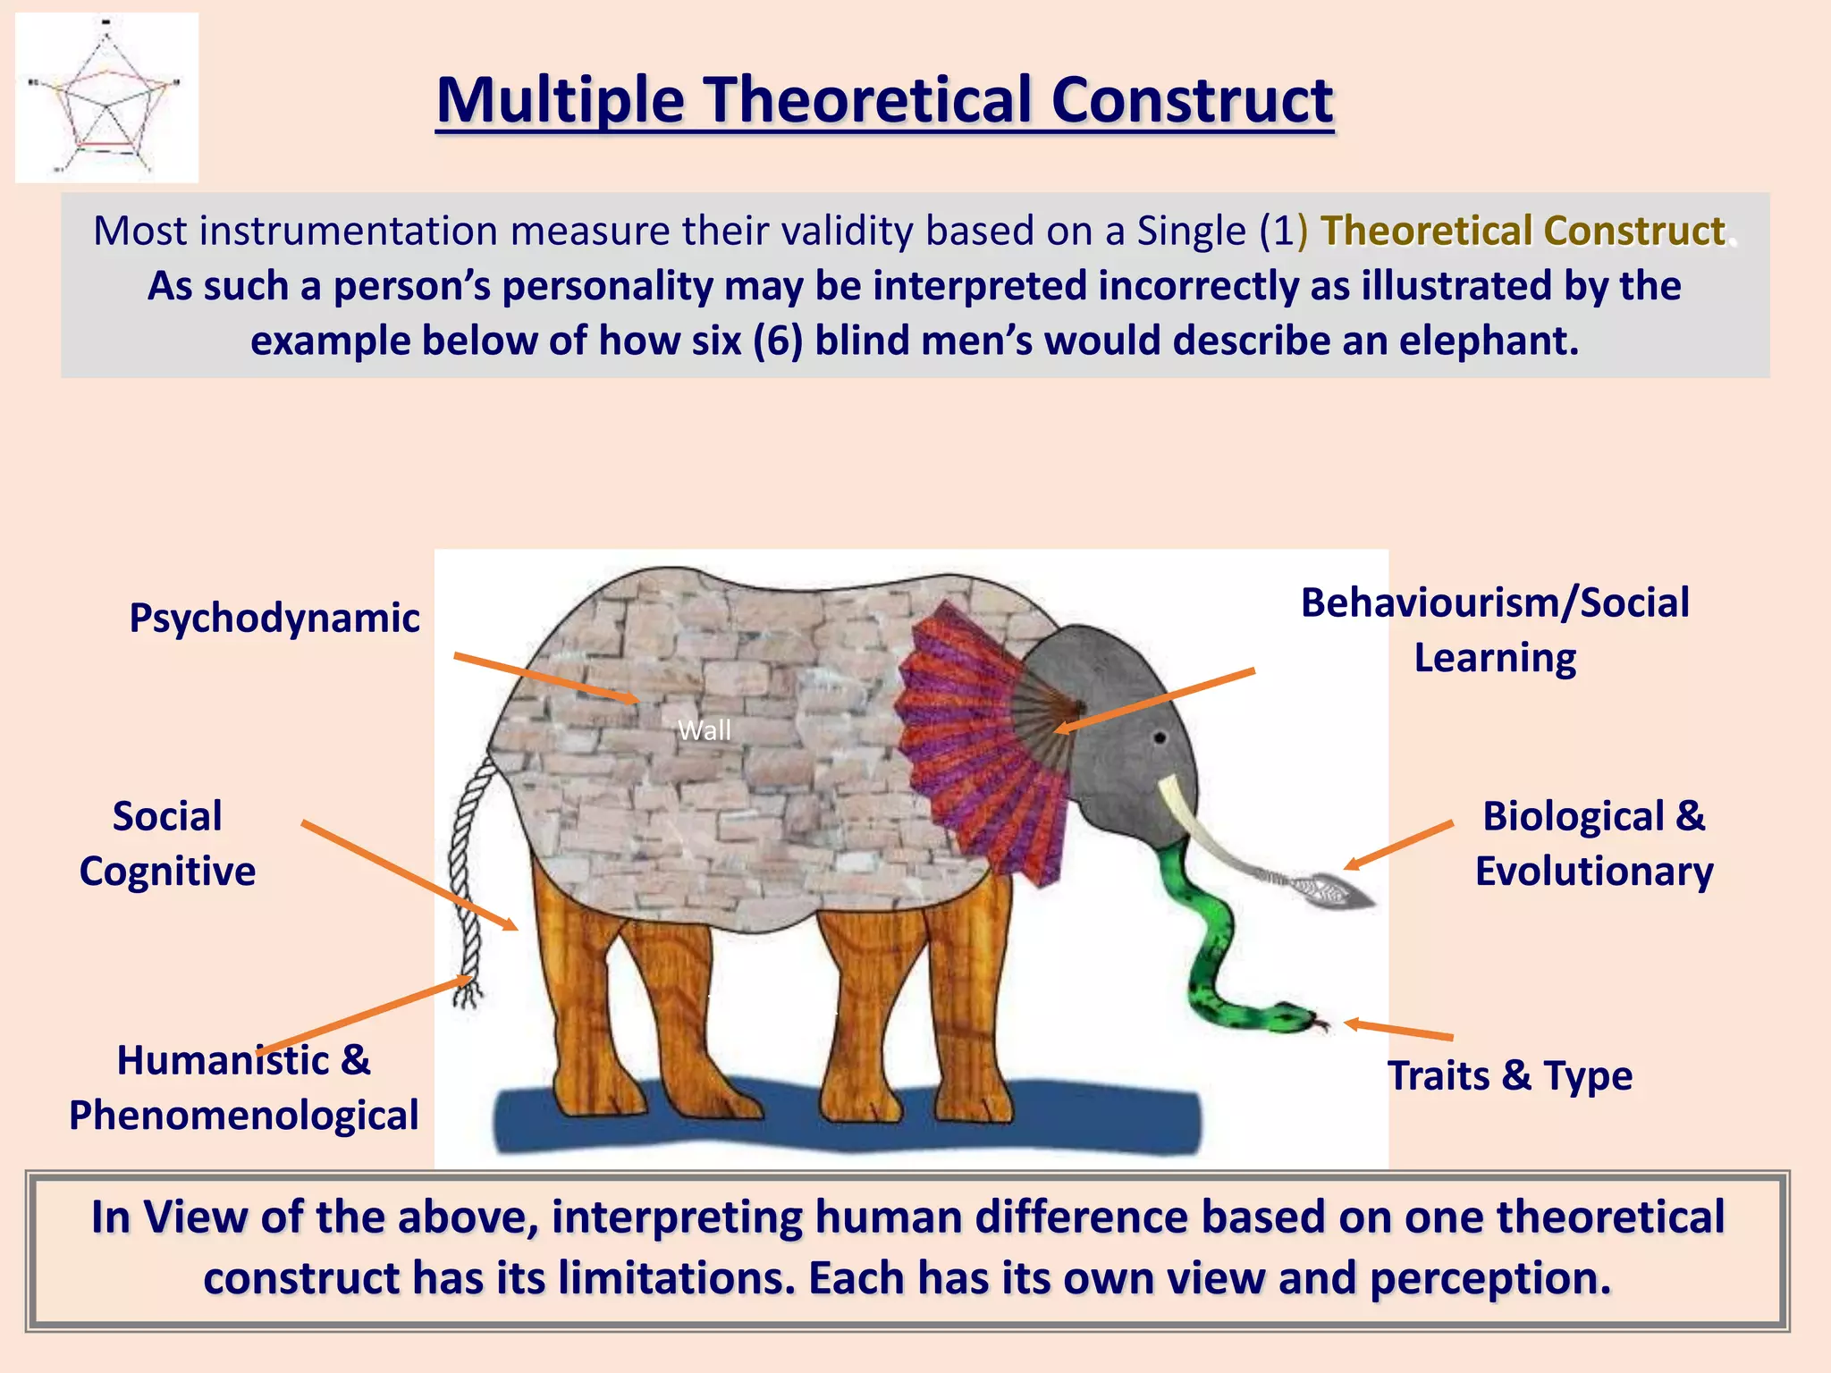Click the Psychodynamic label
click(x=274, y=619)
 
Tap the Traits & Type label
click(x=1509, y=1075)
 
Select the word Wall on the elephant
click(x=705, y=730)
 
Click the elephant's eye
click(x=1160, y=738)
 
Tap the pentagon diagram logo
click(x=106, y=98)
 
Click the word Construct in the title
click(x=1191, y=100)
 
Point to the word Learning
click(x=1494, y=658)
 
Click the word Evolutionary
click(x=1593, y=872)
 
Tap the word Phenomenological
click(x=243, y=1116)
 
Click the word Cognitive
click(x=167, y=872)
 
